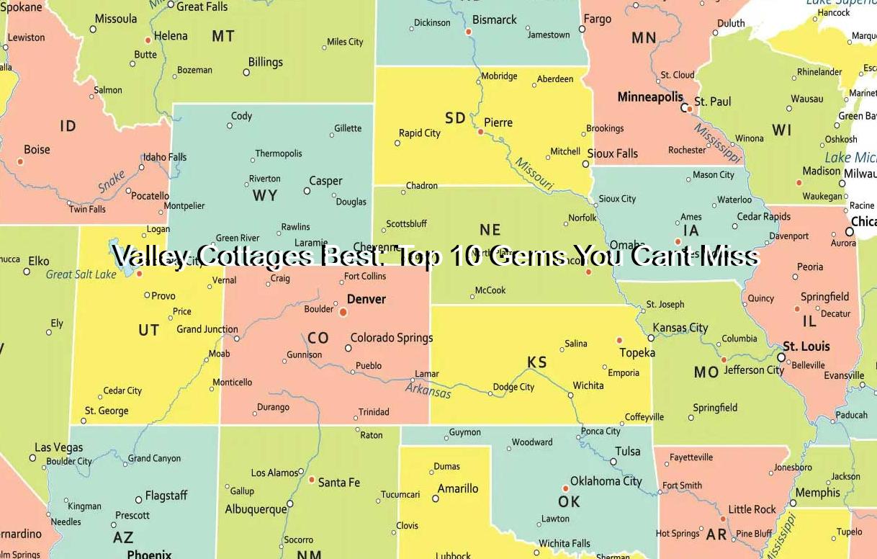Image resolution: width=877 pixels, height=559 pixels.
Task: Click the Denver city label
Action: [x=366, y=299]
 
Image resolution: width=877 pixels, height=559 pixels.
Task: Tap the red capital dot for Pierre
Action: [x=481, y=132]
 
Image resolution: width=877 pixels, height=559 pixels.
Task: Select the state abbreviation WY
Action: [x=264, y=196]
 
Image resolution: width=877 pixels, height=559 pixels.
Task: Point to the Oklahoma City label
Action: [x=606, y=480]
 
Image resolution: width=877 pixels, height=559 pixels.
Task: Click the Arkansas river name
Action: [x=428, y=390]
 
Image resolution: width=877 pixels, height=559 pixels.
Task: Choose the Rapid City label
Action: [x=420, y=133]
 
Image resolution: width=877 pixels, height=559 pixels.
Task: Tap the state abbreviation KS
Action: [x=537, y=362]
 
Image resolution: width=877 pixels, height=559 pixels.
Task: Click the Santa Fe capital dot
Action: [x=312, y=480]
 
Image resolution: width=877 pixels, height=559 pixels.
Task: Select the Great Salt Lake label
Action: [x=81, y=274]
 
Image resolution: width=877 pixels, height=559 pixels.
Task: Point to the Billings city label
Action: [x=266, y=62]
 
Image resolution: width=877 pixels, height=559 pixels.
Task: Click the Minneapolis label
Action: [x=650, y=97]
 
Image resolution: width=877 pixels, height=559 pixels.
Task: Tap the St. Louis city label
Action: [x=806, y=346]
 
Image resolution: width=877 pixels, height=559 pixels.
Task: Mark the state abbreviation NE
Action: [x=490, y=230]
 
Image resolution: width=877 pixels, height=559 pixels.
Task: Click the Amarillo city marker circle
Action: [x=436, y=498]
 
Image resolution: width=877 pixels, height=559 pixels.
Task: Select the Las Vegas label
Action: [x=59, y=447]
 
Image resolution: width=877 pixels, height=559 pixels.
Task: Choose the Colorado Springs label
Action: [x=392, y=337]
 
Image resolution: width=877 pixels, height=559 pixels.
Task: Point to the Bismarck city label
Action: [x=495, y=20]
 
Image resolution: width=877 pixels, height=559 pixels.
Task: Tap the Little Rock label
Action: [x=752, y=509]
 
